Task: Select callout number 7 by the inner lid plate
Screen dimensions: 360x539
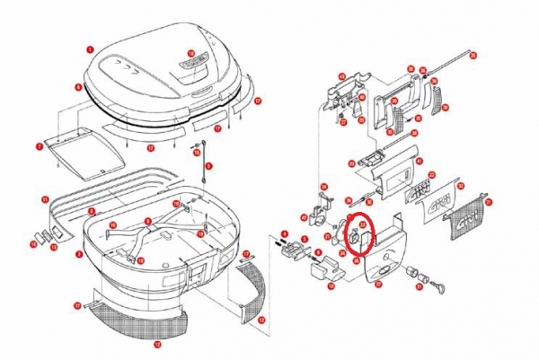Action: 39,145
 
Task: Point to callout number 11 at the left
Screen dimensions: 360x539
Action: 44,198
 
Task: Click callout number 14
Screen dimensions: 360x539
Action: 33,243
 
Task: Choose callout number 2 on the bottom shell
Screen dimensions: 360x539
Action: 79,254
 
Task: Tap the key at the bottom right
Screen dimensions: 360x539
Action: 441,289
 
